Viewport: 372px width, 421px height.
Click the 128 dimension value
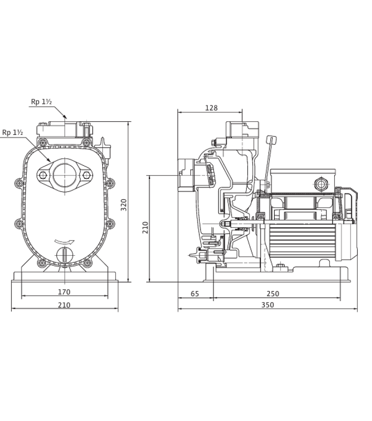(211, 108)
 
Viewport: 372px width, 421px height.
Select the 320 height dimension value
(124, 205)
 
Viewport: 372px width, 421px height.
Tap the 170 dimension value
(64, 292)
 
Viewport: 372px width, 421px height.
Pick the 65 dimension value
(195, 294)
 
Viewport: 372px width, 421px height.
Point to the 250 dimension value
(273, 294)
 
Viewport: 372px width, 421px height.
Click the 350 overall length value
(268, 305)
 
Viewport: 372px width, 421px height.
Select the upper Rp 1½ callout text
(41, 102)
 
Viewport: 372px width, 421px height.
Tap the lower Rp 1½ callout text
(13, 133)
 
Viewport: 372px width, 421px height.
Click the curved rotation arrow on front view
(64, 242)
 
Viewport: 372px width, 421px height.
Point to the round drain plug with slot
(65, 255)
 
